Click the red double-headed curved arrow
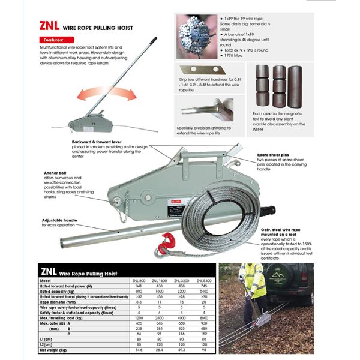[x=100, y=95]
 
